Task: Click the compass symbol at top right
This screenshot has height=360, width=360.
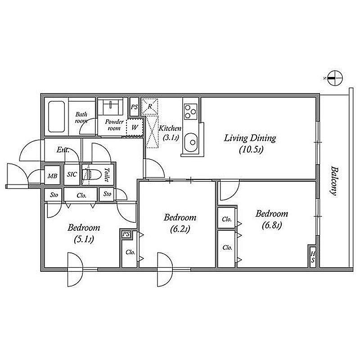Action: click(335, 78)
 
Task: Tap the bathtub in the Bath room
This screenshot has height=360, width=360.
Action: click(56, 117)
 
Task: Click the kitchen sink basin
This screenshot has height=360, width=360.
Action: click(191, 142)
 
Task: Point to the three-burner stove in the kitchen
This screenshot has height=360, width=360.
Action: click(190, 111)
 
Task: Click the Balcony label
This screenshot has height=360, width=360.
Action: click(334, 181)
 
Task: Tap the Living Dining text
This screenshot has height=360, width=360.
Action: click(250, 139)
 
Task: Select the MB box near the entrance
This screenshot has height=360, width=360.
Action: click(52, 175)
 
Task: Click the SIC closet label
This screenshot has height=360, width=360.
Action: click(72, 174)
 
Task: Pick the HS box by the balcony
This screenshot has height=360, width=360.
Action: click(313, 256)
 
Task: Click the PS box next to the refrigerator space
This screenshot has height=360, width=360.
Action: click(134, 107)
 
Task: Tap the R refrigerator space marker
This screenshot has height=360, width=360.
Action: click(150, 106)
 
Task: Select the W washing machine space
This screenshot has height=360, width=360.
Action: click(135, 127)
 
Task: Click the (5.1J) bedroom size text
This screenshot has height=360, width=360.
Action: click(84, 240)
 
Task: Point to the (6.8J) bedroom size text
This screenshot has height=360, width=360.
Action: click(272, 225)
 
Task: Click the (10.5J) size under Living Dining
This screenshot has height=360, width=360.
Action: click(251, 150)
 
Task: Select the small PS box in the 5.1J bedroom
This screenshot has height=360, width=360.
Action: click(126, 234)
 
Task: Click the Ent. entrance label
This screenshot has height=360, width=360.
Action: click(63, 150)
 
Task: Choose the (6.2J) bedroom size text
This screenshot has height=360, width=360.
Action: click(180, 229)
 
